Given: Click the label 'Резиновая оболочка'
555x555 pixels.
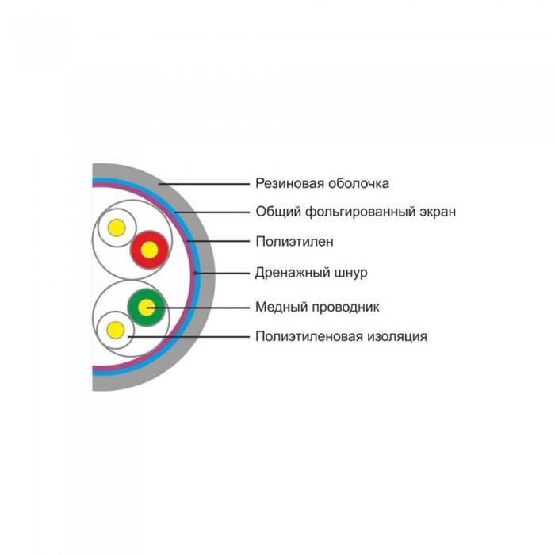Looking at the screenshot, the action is [322, 183].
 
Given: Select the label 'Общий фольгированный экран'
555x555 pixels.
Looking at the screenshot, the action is [356, 212].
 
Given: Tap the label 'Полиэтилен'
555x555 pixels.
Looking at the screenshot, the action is [294, 242].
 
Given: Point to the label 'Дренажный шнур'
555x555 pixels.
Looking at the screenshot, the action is [312, 273].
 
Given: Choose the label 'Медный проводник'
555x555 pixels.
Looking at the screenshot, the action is [317, 308].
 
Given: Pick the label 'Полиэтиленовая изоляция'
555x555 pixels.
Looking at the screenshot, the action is [341, 336].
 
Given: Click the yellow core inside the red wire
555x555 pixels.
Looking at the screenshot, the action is [149, 251].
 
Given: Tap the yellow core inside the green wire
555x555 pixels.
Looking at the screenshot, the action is [147, 308].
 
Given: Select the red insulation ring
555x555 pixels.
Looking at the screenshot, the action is [134, 251].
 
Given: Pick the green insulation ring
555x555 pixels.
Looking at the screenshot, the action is [132, 308].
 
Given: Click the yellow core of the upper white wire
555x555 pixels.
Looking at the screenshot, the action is [117, 228].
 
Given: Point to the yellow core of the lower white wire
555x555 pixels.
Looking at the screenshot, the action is [116, 331].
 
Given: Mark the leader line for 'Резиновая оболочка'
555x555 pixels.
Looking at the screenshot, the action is [205, 184].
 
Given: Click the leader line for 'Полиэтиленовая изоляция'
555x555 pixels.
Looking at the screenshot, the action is [189, 337].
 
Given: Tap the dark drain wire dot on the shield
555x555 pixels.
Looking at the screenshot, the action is [195, 273].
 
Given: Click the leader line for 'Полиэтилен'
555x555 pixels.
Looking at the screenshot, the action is [218, 241].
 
